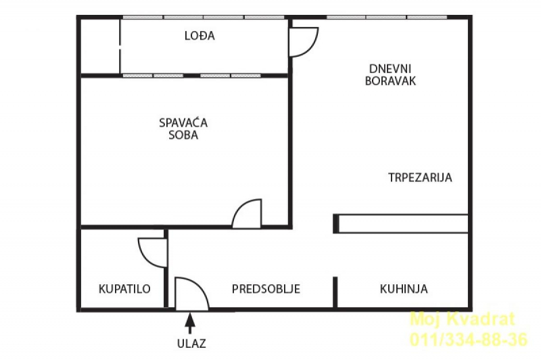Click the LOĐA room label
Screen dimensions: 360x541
click(199, 36)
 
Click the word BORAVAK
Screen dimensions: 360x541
click(390, 81)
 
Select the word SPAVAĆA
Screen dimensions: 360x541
click(183, 122)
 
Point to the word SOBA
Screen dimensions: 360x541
click(183, 135)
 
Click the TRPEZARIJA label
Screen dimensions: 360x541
click(420, 178)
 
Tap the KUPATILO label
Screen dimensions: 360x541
click(124, 289)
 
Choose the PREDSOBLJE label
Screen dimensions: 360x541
click(266, 289)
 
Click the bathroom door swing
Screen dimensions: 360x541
click(153, 251)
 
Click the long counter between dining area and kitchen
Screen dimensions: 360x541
click(402, 223)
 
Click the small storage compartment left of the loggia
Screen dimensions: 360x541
click(100, 45)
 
